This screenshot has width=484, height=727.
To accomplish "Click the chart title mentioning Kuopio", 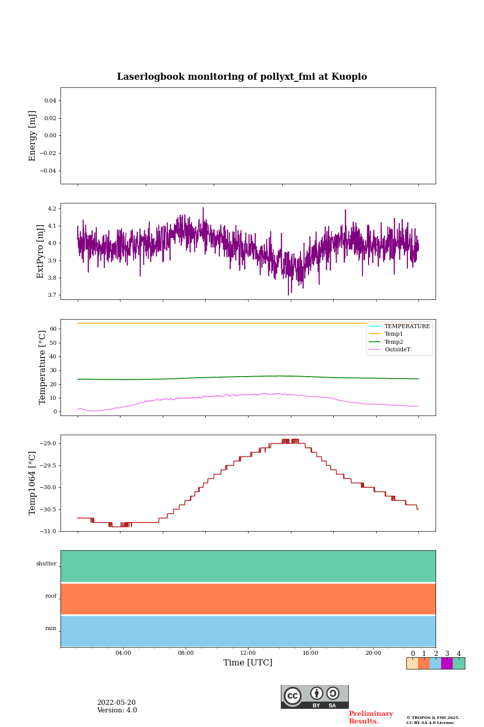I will pyautogui.click(x=242, y=77).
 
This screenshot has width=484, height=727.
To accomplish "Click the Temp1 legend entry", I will pyautogui.click(x=394, y=334).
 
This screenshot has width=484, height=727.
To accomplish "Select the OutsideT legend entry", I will pyautogui.click(x=397, y=349).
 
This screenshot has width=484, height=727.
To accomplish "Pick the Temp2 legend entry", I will pyautogui.click(x=394, y=342).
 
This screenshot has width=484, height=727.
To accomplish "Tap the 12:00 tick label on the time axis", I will pyautogui.click(x=248, y=653).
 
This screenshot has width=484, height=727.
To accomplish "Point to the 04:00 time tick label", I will pyautogui.click(x=123, y=653).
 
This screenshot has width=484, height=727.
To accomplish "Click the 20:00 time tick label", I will pyautogui.click(x=373, y=653).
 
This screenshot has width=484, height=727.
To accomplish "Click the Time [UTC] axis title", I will pyautogui.click(x=248, y=662).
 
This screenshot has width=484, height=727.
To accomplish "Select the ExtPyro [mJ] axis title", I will pyautogui.click(x=41, y=251).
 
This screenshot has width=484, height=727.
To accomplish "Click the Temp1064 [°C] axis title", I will pyautogui.click(x=33, y=483).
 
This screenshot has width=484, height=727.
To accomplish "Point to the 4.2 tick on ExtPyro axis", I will pyautogui.click(x=51, y=209).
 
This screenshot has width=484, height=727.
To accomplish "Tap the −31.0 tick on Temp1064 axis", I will pyautogui.click(x=48, y=531).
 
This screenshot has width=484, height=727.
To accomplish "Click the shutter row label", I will pyautogui.click(x=46, y=564).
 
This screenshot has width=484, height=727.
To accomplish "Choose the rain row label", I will pyautogui.click(x=51, y=629).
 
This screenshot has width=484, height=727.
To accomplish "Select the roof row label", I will pyautogui.click(x=51, y=596).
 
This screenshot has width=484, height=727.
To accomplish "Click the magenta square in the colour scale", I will pyautogui.click(x=447, y=663).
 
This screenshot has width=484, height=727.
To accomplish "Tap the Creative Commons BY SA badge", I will pyautogui.click(x=315, y=697).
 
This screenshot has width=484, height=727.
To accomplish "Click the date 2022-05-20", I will pyautogui.click(x=116, y=703).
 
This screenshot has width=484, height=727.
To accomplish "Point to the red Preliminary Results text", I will pyautogui.click(x=371, y=717).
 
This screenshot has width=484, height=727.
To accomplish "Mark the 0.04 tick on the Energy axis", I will pyautogui.click(x=50, y=101).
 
